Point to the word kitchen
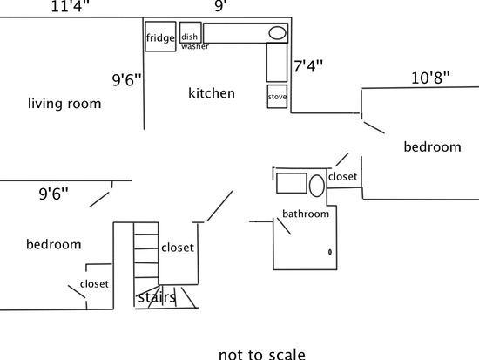(x=212, y=93)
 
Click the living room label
(x=64, y=104)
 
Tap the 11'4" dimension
(x=71, y=6)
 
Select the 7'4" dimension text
(x=308, y=66)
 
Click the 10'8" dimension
(x=430, y=78)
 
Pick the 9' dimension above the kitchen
(x=220, y=6)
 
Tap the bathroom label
(x=306, y=214)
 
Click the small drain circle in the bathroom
(x=330, y=252)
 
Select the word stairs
(x=157, y=297)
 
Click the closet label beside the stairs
(x=178, y=248)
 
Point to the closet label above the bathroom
(x=343, y=176)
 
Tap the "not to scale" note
(x=262, y=355)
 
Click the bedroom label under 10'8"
(x=432, y=146)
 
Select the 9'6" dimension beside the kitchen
(x=127, y=80)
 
